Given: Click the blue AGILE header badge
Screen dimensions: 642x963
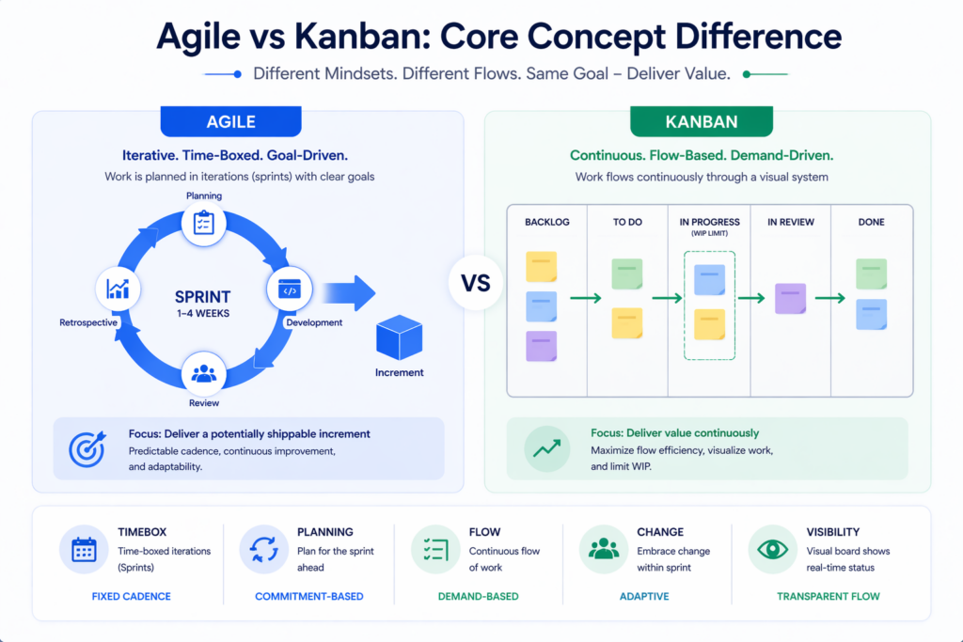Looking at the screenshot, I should pyautogui.click(x=230, y=121).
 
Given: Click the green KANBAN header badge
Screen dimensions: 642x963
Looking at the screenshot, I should pyautogui.click(x=701, y=121).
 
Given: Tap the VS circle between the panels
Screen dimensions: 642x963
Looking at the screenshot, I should pyautogui.click(x=476, y=283).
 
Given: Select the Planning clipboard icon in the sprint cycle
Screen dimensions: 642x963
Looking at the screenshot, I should pyautogui.click(x=204, y=223).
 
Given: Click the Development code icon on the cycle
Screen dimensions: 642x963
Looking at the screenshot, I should pyautogui.click(x=290, y=290).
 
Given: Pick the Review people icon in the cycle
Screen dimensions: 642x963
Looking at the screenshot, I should pyautogui.click(x=204, y=374).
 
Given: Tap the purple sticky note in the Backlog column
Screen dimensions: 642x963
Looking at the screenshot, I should pyautogui.click(x=541, y=346).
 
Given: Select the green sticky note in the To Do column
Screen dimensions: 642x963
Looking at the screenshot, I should pyautogui.click(x=627, y=274).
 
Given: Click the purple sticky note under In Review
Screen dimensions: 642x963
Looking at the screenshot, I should pyautogui.click(x=790, y=298).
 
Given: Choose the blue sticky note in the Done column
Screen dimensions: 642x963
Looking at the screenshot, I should pyautogui.click(x=871, y=315).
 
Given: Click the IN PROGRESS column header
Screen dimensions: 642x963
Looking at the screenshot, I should pyautogui.click(x=709, y=223).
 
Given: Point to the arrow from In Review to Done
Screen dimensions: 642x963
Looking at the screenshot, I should pyautogui.click(x=830, y=299).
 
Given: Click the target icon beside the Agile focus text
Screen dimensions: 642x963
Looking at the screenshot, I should pyautogui.click(x=87, y=449).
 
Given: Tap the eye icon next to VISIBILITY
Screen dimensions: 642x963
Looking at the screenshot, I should pyautogui.click(x=772, y=549).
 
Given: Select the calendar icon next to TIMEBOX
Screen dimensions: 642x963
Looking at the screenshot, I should pyautogui.click(x=84, y=549).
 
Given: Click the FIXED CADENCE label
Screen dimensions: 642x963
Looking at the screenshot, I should pyautogui.click(x=131, y=596).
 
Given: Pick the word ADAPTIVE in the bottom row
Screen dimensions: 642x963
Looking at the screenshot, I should pyautogui.click(x=645, y=596).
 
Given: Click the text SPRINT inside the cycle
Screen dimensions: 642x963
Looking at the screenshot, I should pyautogui.click(x=203, y=296).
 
